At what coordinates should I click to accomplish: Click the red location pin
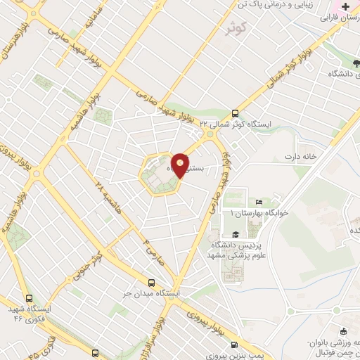click(181, 165)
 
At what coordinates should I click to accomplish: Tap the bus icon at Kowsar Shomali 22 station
click(235, 112)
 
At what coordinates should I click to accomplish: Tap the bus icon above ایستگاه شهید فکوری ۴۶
click(28, 298)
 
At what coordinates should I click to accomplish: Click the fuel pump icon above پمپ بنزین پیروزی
click(234, 346)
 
